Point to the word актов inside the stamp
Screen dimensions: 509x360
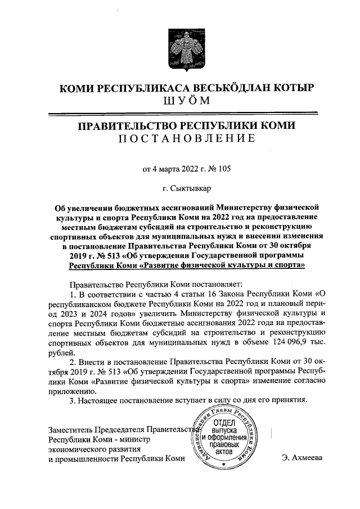point(223,452)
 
